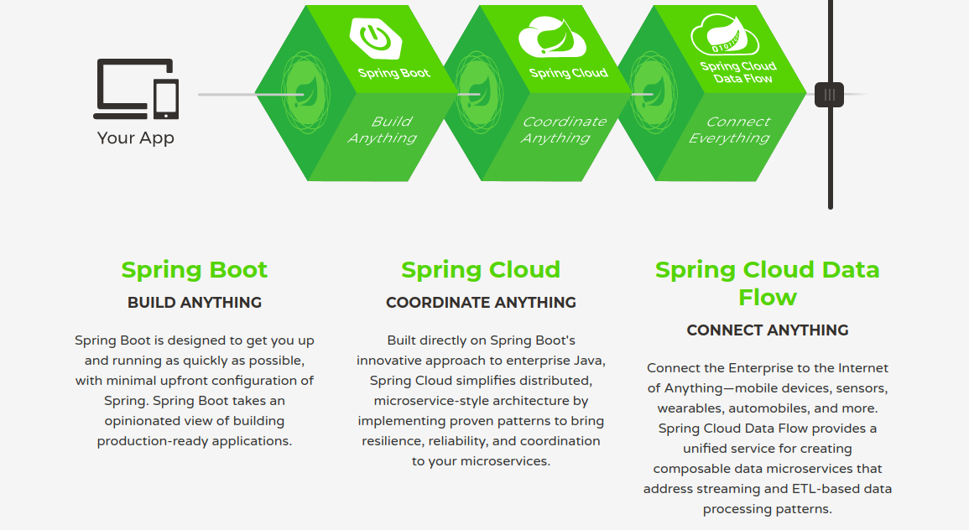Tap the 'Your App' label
click(136, 138)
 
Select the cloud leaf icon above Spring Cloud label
click(552, 35)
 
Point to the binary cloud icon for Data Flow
click(724, 36)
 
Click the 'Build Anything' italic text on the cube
click(383, 130)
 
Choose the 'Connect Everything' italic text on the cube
click(729, 130)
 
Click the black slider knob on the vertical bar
click(830, 94)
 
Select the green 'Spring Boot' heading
click(195, 270)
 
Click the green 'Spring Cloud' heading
click(481, 270)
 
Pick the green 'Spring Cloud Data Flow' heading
click(767, 283)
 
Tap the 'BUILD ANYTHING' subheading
click(195, 303)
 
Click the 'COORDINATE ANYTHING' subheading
click(481, 303)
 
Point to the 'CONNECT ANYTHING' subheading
click(767, 330)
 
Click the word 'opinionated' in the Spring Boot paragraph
click(143, 421)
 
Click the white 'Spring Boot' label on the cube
click(393, 73)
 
